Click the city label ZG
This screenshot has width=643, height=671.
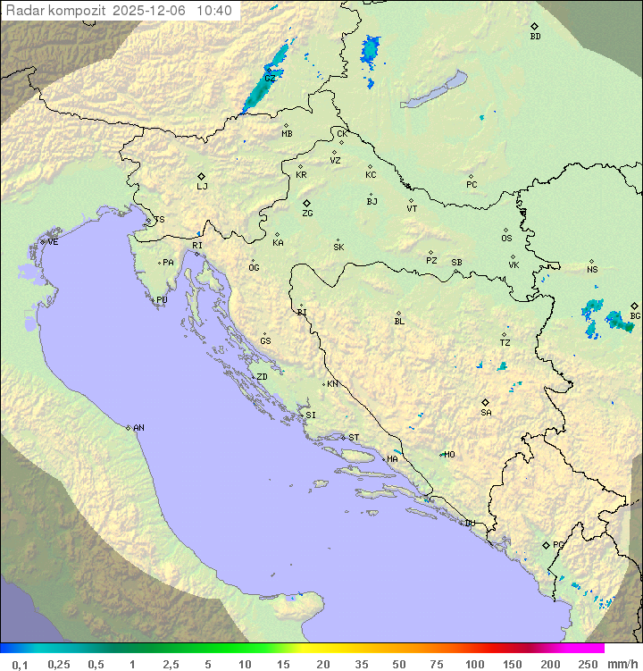tap(307, 214)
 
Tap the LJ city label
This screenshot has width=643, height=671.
tap(202, 187)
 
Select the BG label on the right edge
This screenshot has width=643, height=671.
tap(635, 315)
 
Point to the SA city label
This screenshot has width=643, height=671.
tap(486, 413)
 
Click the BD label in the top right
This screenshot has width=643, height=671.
tap(535, 37)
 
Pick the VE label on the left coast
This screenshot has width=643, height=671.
tap(53, 242)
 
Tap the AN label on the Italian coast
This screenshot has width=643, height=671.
tap(138, 428)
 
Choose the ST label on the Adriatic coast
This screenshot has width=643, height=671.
tap(354, 438)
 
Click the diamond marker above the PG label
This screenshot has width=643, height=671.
tap(546, 544)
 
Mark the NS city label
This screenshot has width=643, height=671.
tap(592, 270)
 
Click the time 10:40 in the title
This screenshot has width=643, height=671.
tap(214, 11)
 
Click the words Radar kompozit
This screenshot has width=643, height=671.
tap(55, 11)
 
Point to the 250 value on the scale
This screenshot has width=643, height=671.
tap(588, 664)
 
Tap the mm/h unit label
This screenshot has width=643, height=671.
tap(622, 664)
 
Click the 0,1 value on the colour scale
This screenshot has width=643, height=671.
tap(21, 664)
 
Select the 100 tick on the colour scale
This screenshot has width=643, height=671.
tap(474, 664)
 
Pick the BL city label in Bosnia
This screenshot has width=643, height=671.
tap(399, 321)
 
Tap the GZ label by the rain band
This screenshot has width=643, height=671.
tap(269, 79)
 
